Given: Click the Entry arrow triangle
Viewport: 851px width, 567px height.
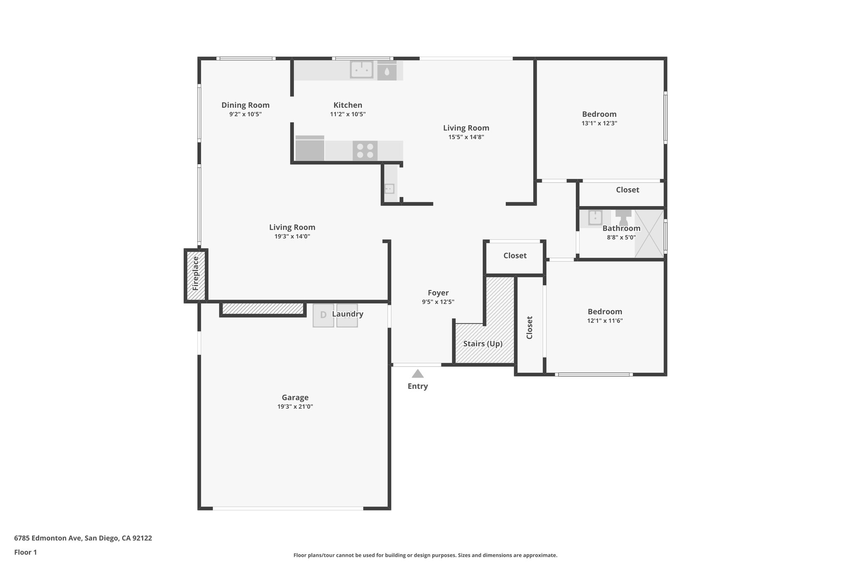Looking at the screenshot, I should [x=418, y=374].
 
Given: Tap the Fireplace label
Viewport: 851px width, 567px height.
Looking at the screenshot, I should [x=196, y=273].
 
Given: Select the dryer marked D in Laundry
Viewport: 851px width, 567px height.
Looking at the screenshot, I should [x=323, y=315].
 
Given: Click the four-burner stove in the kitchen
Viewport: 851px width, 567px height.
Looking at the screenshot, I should [x=365, y=150].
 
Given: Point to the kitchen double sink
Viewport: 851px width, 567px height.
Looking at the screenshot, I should [x=362, y=69].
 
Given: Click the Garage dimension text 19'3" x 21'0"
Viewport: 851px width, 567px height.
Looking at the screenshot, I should [x=295, y=407].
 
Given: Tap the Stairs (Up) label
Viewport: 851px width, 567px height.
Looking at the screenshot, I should [x=483, y=344].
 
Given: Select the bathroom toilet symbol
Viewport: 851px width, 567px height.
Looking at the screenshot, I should [x=623, y=217].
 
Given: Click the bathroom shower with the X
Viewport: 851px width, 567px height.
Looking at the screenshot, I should [x=649, y=233].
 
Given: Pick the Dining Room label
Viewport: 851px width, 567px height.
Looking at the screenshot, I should [x=245, y=105].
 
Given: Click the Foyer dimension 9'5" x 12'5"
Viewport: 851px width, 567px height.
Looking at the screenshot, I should [x=438, y=302].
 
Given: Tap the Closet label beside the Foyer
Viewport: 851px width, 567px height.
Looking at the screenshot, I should [x=515, y=256].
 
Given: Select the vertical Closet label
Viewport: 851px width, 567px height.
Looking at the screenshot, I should [x=529, y=327].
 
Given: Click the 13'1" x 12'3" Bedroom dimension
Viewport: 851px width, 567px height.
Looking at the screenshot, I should [x=599, y=123].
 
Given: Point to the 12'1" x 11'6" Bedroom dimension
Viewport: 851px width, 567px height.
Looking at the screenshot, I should [x=605, y=321].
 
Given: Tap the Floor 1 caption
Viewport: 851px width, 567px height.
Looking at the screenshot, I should [x=25, y=552].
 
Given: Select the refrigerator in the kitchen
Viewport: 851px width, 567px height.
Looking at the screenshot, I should [x=310, y=149].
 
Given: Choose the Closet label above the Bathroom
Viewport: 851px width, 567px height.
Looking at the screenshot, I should [x=627, y=190].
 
